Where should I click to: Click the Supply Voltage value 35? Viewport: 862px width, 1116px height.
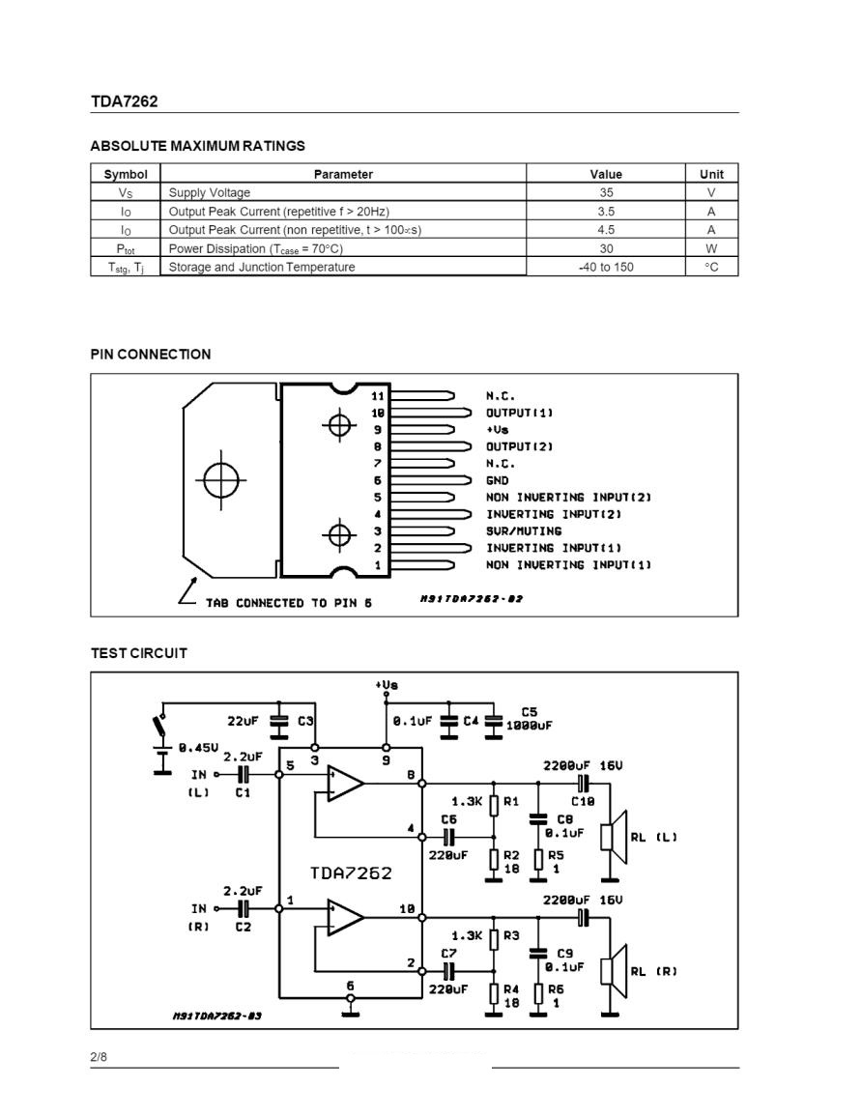click(x=606, y=192)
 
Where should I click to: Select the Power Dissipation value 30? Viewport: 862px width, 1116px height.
click(x=606, y=248)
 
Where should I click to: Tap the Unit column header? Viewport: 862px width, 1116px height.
click(x=711, y=174)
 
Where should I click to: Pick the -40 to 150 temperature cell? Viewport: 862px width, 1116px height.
click(x=606, y=267)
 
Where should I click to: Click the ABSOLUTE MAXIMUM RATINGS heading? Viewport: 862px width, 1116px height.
click(x=197, y=146)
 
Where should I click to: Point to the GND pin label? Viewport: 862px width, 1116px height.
click(x=497, y=480)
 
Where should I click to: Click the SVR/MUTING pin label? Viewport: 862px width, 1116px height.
click(x=523, y=531)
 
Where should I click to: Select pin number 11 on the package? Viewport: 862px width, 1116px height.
click(x=377, y=396)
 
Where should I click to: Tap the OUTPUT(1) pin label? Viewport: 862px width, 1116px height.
click(x=519, y=413)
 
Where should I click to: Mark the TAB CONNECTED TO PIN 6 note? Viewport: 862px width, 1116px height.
click(x=288, y=603)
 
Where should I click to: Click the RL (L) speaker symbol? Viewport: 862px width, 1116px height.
click(x=614, y=837)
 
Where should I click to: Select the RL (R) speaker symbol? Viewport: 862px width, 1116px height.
click(x=614, y=971)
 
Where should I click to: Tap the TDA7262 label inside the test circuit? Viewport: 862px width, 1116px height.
click(x=351, y=873)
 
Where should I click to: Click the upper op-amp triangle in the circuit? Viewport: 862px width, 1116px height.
click(x=345, y=784)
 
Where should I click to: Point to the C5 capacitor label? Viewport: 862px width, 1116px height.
click(x=529, y=712)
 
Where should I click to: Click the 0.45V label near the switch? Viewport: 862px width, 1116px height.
click(x=199, y=747)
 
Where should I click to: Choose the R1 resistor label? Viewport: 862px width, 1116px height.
click(x=511, y=801)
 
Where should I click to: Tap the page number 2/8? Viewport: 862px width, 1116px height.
click(x=99, y=1057)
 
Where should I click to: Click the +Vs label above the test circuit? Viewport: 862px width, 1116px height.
click(x=387, y=685)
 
